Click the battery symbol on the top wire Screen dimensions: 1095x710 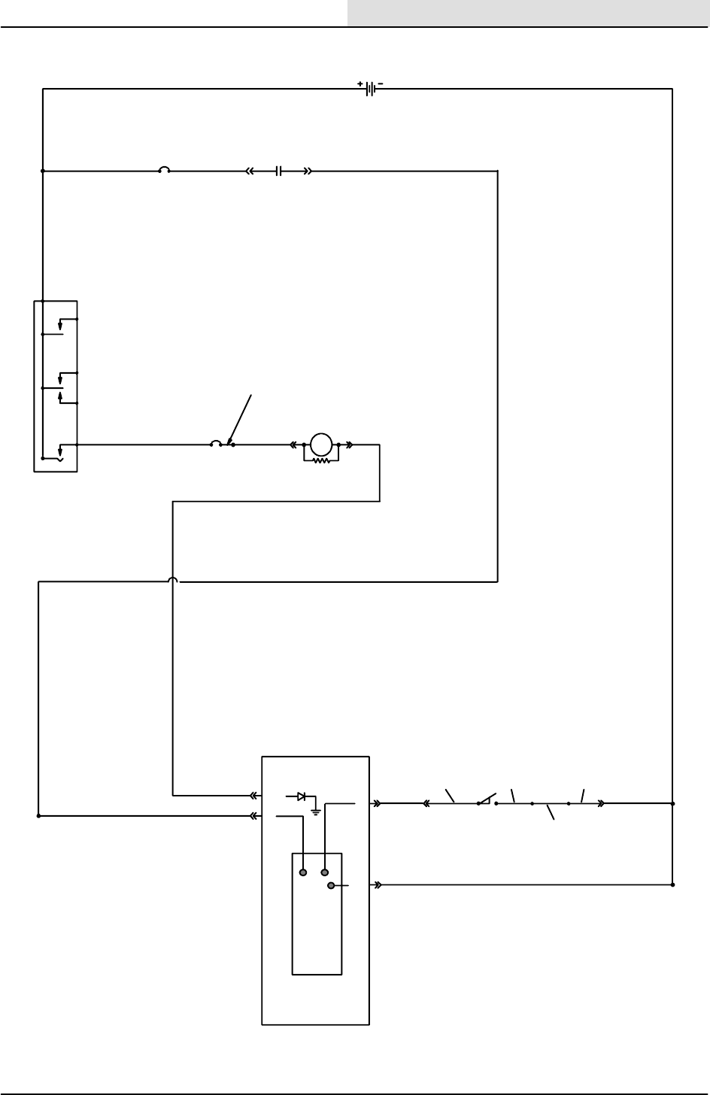370,89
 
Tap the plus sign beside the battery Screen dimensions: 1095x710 360,83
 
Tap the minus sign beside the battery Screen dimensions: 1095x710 381,83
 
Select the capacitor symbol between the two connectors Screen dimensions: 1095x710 278,171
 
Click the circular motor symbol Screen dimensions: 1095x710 321,444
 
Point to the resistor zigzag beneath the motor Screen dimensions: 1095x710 321,460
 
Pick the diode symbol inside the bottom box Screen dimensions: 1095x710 300,796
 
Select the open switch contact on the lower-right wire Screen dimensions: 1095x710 487,799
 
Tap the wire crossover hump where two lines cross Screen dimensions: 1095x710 173,581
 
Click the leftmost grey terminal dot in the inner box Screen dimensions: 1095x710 303,872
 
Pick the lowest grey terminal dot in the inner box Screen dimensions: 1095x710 330,886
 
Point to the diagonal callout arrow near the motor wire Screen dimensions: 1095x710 242,417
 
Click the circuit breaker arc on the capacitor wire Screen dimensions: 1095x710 163,170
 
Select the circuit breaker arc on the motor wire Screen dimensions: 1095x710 215,443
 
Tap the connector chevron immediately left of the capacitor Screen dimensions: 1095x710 250,171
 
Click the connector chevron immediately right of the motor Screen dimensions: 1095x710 350,444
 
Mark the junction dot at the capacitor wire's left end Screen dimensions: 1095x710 43,171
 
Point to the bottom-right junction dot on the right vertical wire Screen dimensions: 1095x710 672,885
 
